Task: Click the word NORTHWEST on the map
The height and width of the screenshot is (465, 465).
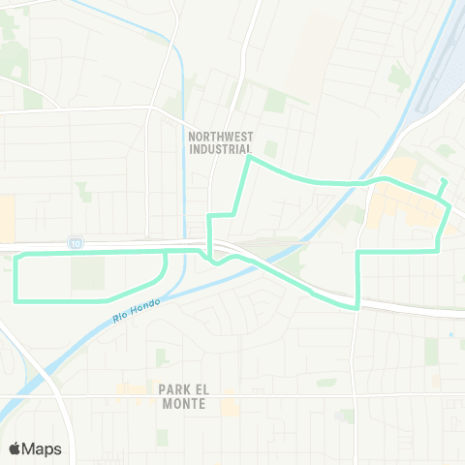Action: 222,137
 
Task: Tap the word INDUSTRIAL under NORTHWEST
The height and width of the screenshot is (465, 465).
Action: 222,150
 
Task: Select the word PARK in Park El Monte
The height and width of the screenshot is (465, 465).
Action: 172,388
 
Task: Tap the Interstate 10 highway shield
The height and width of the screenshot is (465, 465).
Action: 75,241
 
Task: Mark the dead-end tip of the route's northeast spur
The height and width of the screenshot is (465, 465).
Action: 443,181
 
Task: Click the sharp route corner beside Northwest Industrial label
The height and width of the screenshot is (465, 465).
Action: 250,158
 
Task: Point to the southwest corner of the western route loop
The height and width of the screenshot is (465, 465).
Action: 15,298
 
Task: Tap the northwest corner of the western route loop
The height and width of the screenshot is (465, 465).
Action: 15,254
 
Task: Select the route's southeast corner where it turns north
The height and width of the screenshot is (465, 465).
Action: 358,307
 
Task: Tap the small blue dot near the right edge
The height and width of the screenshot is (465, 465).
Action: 450,335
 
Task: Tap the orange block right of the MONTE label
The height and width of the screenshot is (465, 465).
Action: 231,405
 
